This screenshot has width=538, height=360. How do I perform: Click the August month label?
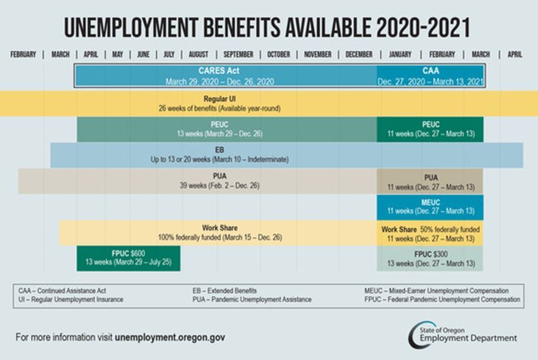point(198,55)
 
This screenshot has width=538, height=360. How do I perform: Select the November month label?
point(317,55)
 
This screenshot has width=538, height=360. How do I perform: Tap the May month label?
point(117,55)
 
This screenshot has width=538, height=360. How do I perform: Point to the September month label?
point(238,55)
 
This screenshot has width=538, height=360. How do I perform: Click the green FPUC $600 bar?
point(128,258)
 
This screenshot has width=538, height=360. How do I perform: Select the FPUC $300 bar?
point(431,258)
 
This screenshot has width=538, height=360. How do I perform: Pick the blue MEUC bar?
point(431,207)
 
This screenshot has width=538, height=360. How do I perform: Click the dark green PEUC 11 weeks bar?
point(431,129)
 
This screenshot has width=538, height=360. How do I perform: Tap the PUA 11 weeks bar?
point(431,182)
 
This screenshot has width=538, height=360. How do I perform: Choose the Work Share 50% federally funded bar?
point(431,233)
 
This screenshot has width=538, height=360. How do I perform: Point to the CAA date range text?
point(431,82)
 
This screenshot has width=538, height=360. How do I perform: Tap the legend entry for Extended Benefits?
point(225,291)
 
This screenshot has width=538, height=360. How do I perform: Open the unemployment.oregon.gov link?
point(170,337)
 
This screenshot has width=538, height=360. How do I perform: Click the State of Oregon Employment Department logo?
point(462,334)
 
